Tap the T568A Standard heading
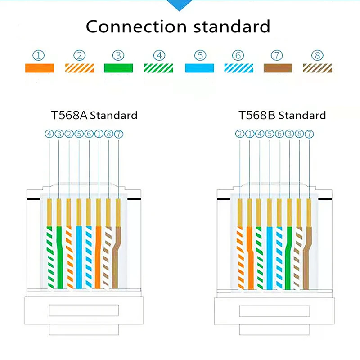[94, 115]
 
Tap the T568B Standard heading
[282, 115]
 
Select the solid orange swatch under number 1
[39, 68]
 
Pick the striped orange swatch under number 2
[79, 68]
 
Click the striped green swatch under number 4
[158, 68]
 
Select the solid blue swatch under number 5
[200, 68]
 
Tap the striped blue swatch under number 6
[238, 68]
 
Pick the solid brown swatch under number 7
[278, 68]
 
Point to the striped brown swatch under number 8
[318, 68]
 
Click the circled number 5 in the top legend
[200, 56]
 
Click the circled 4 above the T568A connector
[49, 134]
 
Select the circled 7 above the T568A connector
[118, 134]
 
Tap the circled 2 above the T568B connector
[239, 134]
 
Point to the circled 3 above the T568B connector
[289, 134]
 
